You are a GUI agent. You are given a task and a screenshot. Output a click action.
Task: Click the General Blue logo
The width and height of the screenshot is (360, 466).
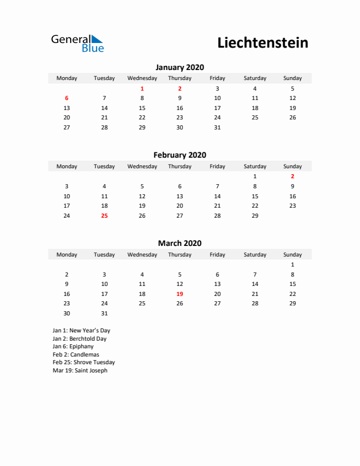coord(77,43)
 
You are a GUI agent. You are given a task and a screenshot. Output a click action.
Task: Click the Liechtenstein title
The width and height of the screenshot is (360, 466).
coord(262,43)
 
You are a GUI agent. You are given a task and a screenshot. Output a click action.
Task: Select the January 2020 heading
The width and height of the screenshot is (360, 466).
coord(179,67)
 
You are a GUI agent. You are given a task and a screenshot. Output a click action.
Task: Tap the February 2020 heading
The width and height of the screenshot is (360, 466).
coord(179,155)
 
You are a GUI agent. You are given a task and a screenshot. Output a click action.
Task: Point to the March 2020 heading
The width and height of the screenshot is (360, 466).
coord(179,243)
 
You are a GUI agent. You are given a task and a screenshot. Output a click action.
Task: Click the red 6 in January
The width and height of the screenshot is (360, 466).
coord(66,98)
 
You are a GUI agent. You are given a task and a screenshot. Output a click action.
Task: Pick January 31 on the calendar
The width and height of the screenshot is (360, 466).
coord(217,127)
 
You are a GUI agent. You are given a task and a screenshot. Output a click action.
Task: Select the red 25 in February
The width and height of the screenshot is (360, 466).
coord(104,215)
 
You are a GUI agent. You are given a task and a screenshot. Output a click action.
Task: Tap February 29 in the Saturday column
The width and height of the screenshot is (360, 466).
coord(255,215)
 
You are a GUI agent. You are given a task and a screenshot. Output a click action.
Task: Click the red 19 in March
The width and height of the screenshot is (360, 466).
coord(179,294)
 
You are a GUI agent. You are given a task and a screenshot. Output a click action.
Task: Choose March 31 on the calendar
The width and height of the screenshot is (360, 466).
coord(104,313)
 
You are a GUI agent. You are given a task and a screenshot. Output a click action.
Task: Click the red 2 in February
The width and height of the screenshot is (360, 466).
coord(292,177)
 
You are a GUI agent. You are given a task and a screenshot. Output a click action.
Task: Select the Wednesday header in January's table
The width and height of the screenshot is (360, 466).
coord(142,78)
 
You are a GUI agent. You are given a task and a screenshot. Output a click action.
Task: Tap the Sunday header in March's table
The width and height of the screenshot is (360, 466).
coord(292,255)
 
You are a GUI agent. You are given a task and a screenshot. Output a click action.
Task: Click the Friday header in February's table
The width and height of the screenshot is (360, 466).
coord(217,167)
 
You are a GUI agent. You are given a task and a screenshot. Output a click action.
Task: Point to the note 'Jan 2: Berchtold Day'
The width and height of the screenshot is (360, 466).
coord(79,339)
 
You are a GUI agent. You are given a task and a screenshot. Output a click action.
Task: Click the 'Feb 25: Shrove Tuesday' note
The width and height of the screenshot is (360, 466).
coord(84,362)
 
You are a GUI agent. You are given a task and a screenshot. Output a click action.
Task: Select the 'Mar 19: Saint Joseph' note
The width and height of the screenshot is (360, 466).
coord(80,371)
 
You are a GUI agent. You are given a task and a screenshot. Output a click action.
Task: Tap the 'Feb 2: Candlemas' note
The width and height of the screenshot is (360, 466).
coord(76,355)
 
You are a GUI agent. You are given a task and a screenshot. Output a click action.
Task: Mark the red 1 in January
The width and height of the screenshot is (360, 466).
coord(142,88)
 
